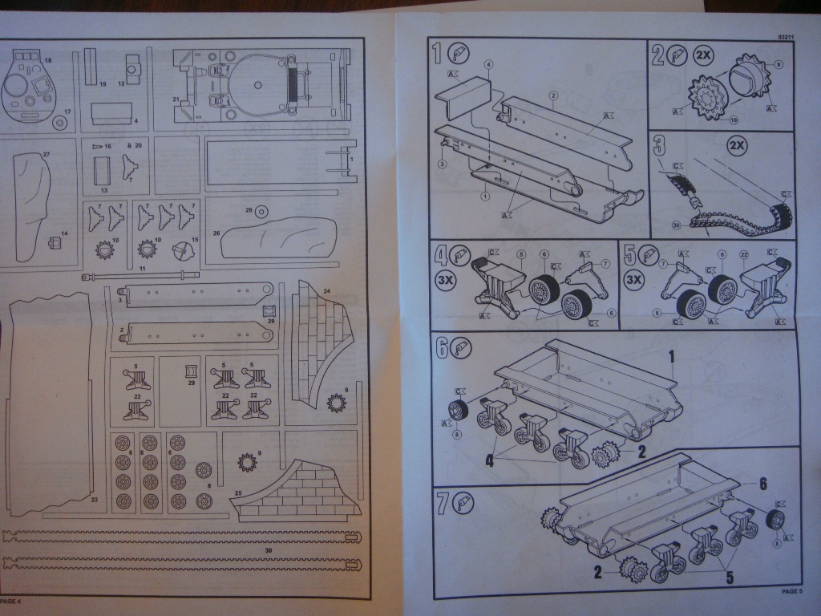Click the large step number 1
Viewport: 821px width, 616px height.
tap(437, 55)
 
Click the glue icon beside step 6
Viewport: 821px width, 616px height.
tap(463, 346)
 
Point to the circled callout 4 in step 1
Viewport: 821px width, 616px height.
tap(488, 64)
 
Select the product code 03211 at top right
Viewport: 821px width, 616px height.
tap(787, 38)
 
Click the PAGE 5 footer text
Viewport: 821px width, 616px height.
tap(791, 592)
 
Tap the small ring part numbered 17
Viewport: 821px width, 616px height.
tap(60, 124)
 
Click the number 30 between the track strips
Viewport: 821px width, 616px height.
tap(268, 550)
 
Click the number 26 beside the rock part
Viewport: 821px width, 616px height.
tap(216, 233)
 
